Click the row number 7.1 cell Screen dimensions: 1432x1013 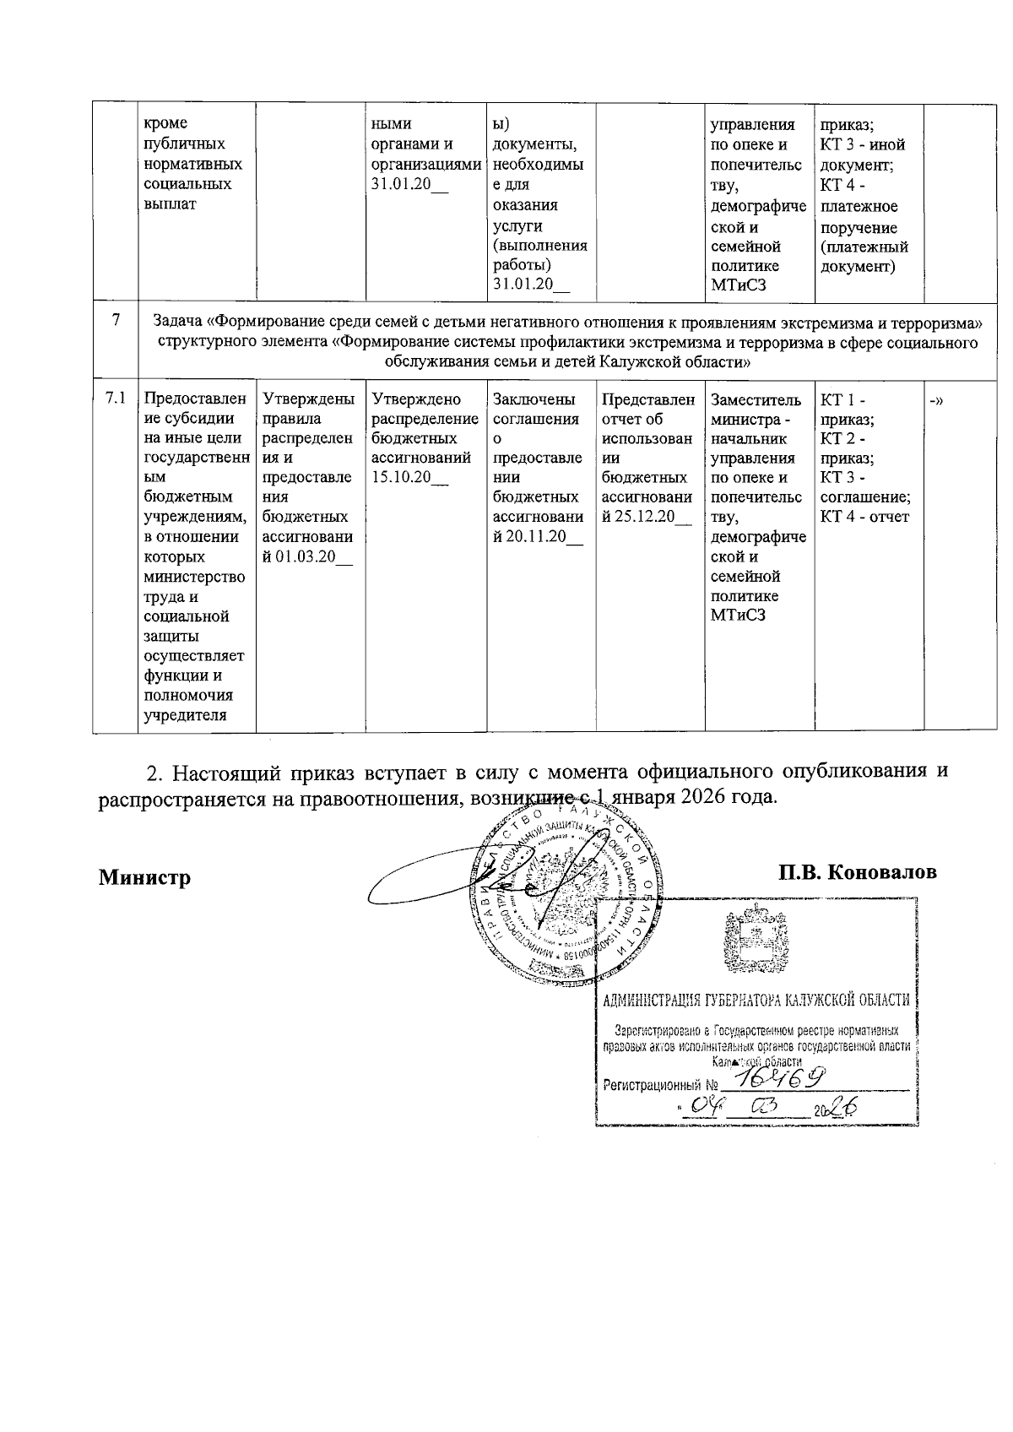click(x=115, y=399)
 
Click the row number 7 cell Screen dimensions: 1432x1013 click(x=115, y=319)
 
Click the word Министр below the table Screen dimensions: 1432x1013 click(x=144, y=877)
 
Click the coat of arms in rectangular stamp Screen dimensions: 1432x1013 click(x=756, y=943)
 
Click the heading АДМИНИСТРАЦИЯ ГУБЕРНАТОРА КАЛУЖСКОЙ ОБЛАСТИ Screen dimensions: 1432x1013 click(x=756, y=1000)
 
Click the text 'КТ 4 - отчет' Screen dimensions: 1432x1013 click(x=864, y=517)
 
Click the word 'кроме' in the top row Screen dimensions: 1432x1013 click(x=166, y=123)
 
